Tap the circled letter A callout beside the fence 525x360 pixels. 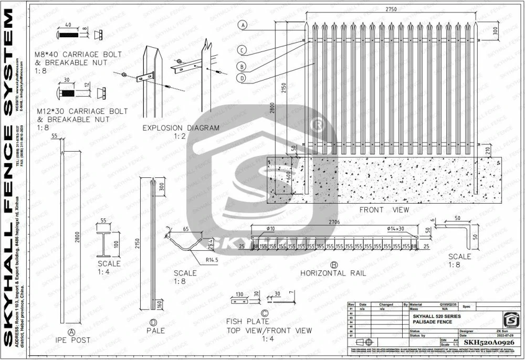tap(243, 25)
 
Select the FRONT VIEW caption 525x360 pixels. tap(384, 210)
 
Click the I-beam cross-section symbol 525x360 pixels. tap(103, 239)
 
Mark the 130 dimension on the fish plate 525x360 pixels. tap(239, 295)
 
